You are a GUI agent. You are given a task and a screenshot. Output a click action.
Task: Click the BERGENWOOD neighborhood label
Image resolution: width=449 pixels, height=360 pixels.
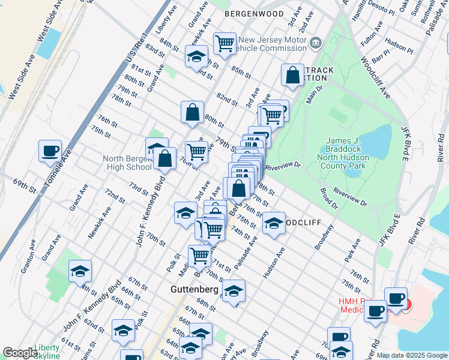[254, 13]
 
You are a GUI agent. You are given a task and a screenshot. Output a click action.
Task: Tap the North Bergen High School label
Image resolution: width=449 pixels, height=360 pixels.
[127, 163]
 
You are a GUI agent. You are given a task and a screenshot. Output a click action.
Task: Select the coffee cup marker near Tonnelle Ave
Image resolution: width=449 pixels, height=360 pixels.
[50, 151]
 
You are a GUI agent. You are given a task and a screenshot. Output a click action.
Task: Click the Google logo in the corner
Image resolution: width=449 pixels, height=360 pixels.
[20, 353]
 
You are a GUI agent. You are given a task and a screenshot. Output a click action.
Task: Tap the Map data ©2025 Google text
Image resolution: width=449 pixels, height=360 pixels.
[411, 355]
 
